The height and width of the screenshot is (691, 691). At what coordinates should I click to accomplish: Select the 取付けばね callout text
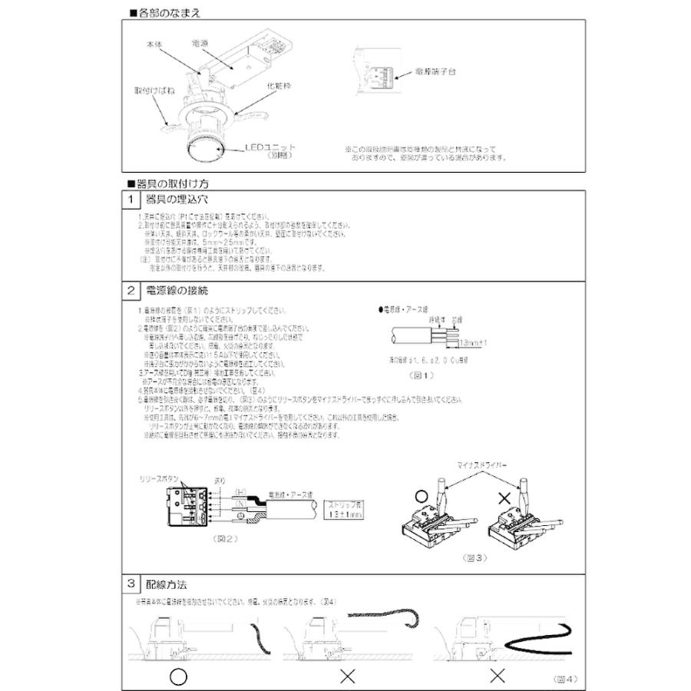(148, 90)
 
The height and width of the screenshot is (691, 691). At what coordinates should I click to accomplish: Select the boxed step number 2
(133, 292)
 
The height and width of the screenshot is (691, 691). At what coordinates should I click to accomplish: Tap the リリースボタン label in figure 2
(159, 478)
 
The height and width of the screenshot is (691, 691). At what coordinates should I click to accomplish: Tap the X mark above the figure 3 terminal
(504, 498)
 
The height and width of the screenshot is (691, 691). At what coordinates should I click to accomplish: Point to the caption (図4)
(565, 679)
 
